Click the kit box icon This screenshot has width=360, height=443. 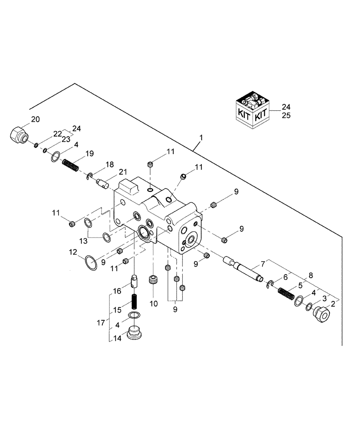coord(251,111)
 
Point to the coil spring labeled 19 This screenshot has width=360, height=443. coord(71,165)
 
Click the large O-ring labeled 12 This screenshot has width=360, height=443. coord(90,263)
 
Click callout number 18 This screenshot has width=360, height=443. coord(109,164)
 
